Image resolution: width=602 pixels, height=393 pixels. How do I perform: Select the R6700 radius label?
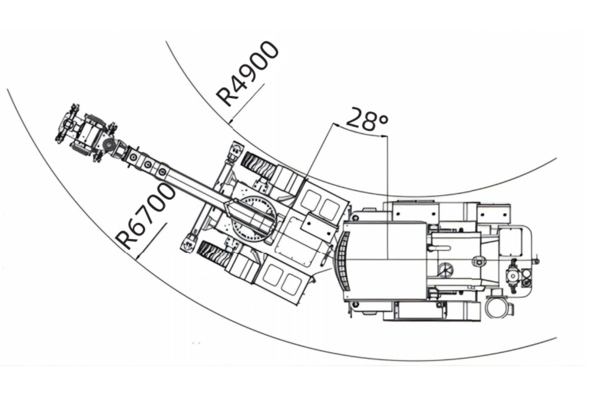(146, 216)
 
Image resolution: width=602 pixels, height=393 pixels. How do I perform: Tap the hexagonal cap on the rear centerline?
(478, 263)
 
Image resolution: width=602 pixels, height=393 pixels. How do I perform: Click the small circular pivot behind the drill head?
(108, 145)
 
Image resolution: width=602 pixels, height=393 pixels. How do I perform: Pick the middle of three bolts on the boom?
(148, 164)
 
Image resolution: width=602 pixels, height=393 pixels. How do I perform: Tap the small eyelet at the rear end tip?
(537, 261)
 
